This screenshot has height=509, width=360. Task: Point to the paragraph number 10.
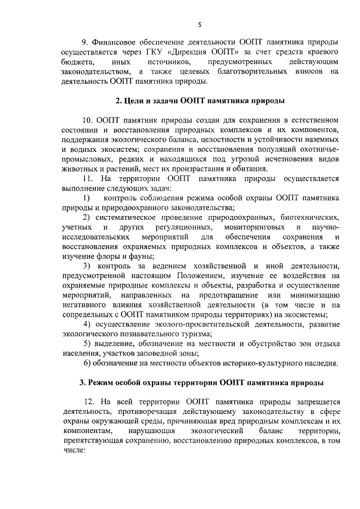coord(87,120)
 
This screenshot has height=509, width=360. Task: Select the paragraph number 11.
coord(87,179)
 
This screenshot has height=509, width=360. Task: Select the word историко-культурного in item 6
coord(260,363)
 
